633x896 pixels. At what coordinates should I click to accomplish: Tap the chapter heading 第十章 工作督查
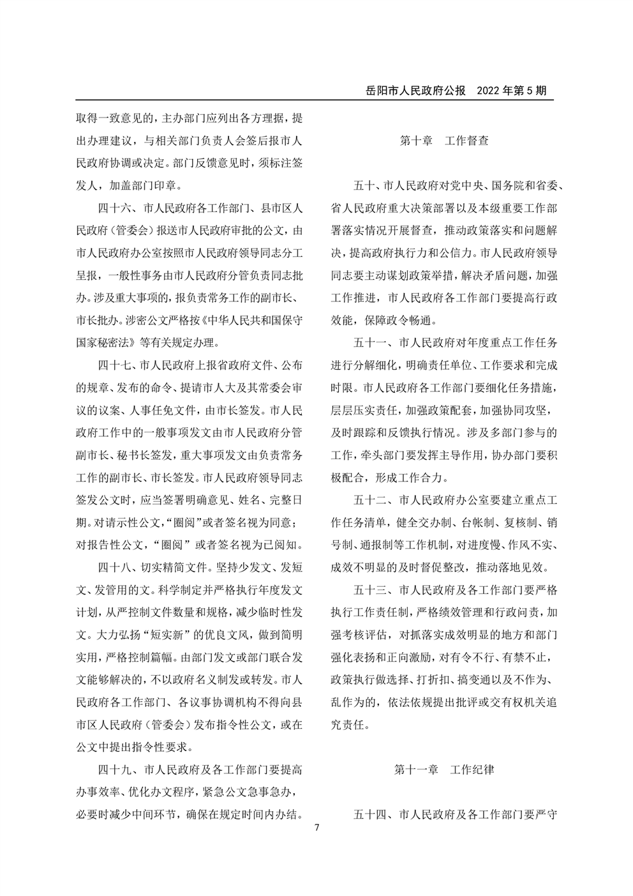444,140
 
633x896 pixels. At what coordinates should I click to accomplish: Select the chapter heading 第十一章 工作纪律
444,770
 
